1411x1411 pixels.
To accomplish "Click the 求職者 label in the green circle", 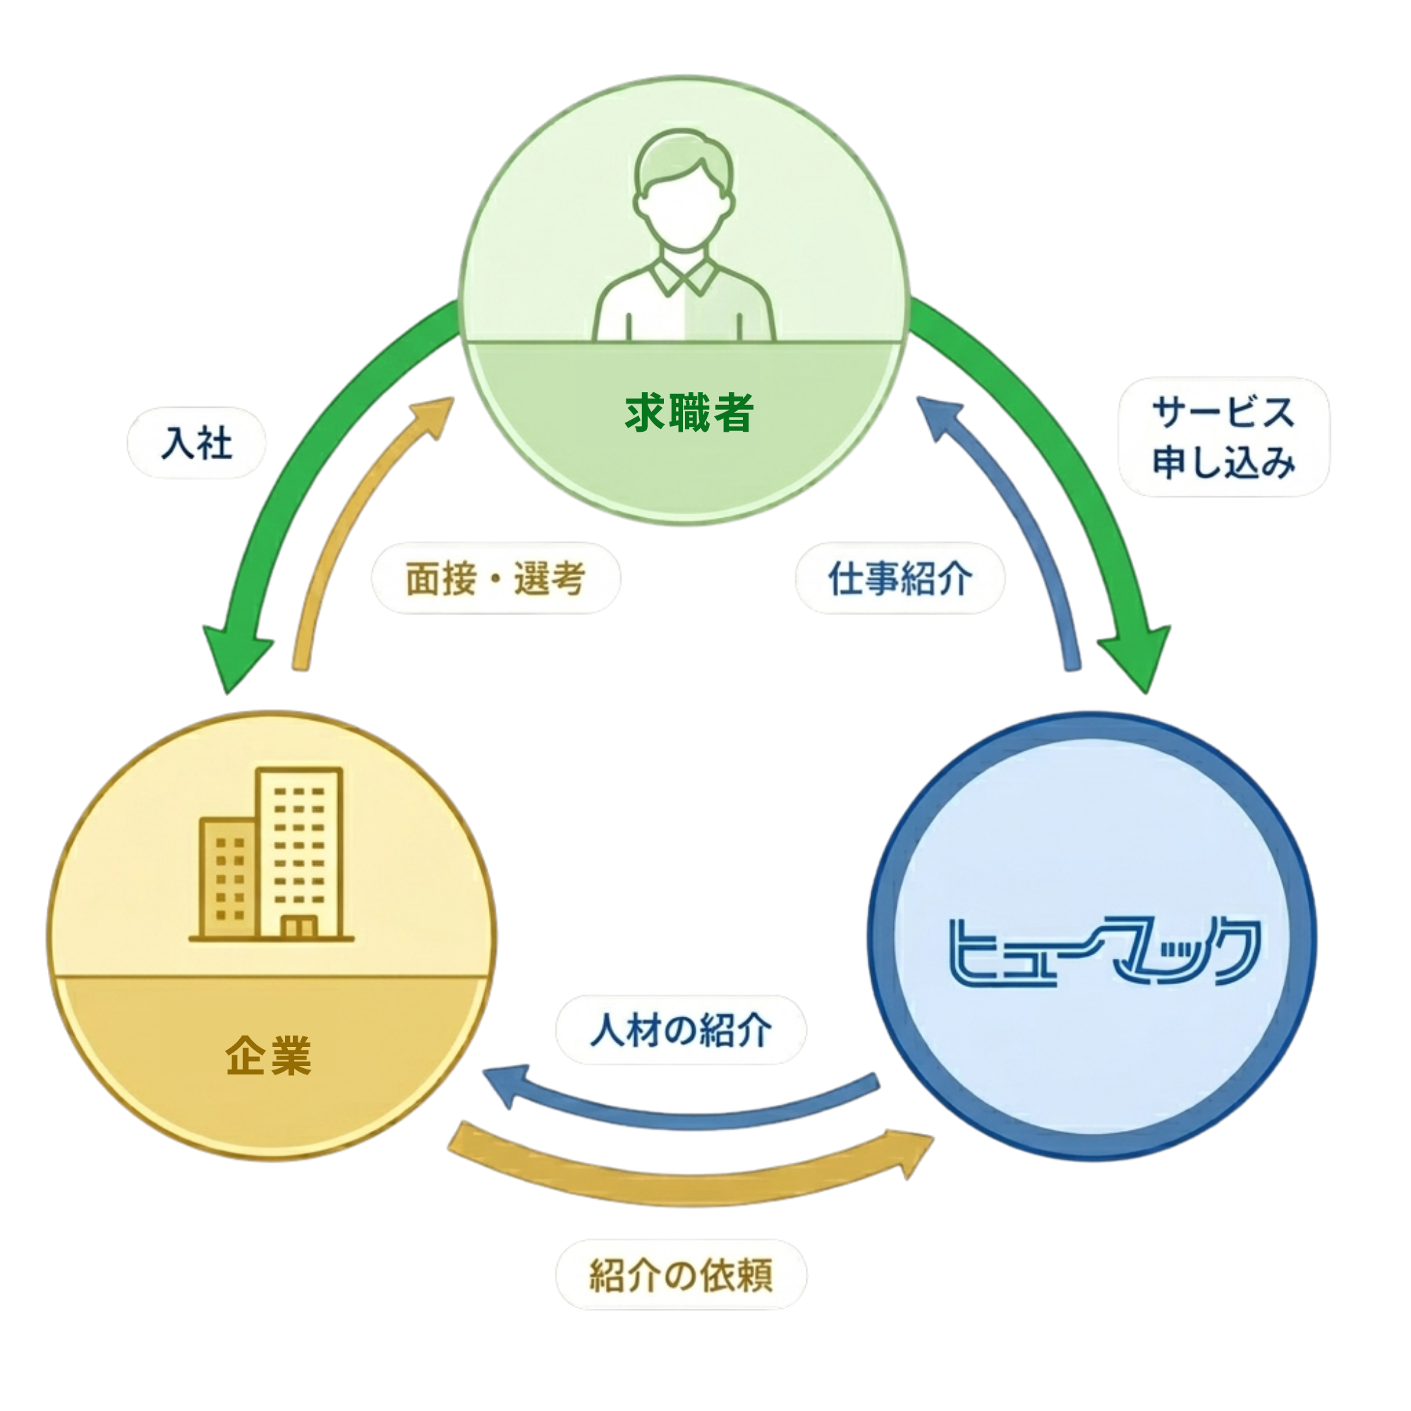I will (x=688, y=413).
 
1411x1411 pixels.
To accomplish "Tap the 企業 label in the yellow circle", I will (x=268, y=1055).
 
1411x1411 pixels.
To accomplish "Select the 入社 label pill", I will (x=196, y=443).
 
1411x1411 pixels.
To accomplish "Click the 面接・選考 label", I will (x=496, y=579).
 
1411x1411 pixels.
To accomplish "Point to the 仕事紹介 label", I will (x=900, y=579).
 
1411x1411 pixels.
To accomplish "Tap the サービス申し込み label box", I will (x=1223, y=437).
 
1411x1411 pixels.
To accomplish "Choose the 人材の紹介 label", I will (x=681, y=1031).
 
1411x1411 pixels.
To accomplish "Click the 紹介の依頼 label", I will (x=681, y=1275).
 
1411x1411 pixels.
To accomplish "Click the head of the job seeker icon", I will (x=684, y=190).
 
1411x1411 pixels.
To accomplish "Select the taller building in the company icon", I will (x=299, y=851).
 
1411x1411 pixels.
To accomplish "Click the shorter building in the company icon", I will (x=228, y=876).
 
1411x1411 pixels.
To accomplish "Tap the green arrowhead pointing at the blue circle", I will (x=1137, y=658).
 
